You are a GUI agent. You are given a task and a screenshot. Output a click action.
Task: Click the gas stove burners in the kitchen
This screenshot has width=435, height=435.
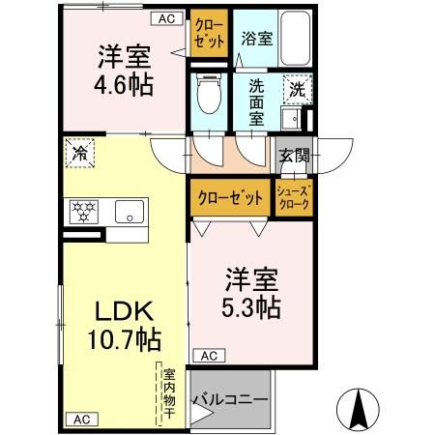(x=82, y=211)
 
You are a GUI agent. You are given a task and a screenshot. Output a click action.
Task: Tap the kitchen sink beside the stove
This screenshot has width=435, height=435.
(x=125, y=211)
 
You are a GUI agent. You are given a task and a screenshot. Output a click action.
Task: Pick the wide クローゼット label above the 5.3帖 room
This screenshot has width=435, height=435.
(x=230, y=197)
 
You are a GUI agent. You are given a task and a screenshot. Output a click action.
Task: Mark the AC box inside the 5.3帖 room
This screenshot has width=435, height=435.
(x=209, y=356)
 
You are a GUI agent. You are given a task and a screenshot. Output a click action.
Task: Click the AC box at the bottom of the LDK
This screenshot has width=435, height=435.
(x=80, y=419)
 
